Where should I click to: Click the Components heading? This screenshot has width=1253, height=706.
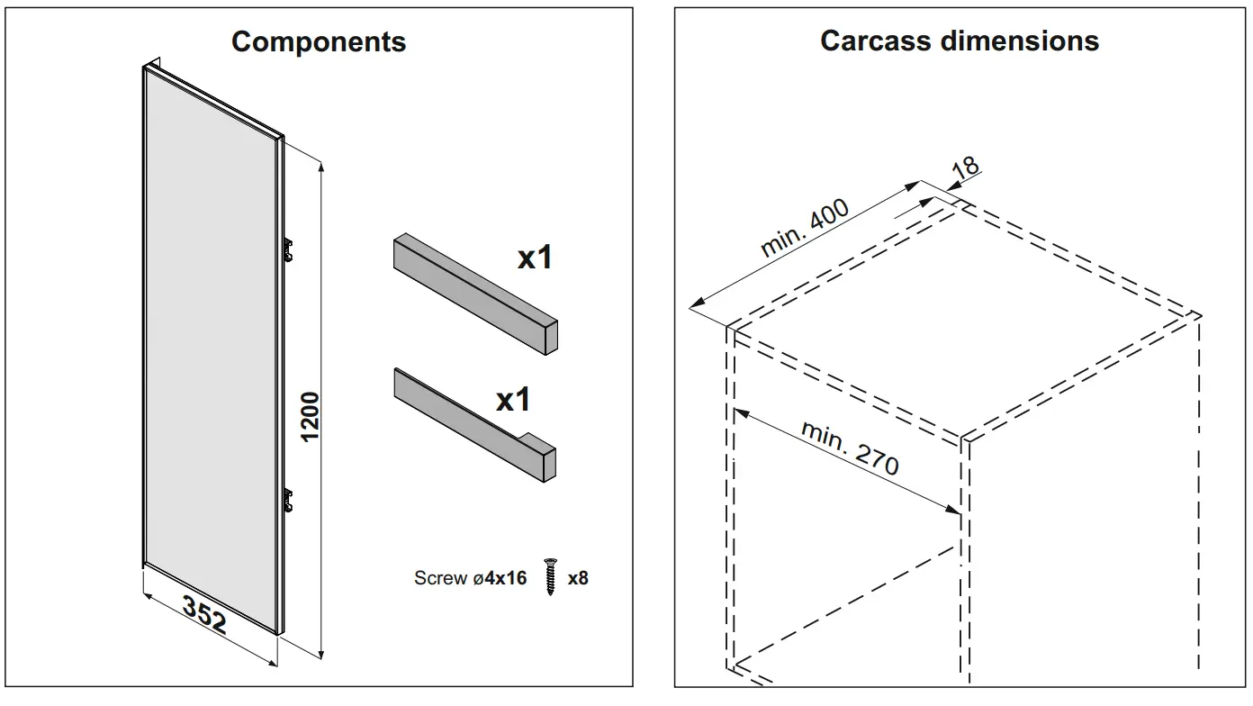coord(319,41)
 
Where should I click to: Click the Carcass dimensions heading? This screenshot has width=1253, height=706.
coord(960,41)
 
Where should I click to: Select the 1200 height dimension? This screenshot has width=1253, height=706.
coord(310,416)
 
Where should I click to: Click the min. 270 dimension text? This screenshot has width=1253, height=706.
coord(850,447)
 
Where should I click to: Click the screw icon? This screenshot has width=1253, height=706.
coord(549,577)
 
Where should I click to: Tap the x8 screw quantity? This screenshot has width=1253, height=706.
coord(578,578)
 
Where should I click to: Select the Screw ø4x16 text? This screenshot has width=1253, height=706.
coord(470,578)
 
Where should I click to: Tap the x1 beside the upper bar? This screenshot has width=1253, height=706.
coord(534,258)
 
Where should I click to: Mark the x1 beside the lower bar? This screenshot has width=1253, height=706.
coord(513,399)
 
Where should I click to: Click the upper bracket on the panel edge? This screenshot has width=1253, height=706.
coord(290,249)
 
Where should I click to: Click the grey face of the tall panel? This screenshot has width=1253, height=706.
coord(212,351)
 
